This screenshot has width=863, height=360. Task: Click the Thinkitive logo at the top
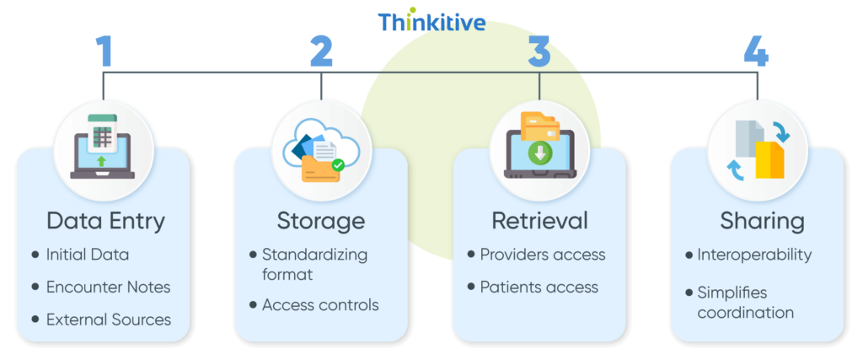(431, 21)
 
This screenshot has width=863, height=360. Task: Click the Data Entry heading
(105, 221)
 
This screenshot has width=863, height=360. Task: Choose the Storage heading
(321, 221)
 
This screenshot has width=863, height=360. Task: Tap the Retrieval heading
(539, 221)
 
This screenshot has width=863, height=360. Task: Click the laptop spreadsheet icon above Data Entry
(103, 146)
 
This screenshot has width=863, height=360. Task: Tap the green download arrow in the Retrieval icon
(539, 154)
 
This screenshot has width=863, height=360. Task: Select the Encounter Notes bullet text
(108, 287)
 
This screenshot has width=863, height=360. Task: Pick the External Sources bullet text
(109, 320)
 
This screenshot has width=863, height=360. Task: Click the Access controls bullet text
(320, 304)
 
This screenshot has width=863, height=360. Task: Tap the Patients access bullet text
(539, 287)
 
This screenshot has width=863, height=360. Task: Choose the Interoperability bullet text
(754, 254)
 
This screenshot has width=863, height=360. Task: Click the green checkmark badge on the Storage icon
(338, 166)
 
